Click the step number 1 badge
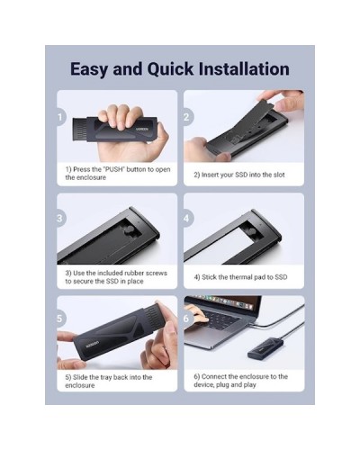coord(60,117)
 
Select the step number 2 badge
coord(187,117)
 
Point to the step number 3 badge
coord(60,218)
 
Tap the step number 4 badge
coord(187,218)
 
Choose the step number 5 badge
coord(60,319)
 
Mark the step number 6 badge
coord(187,319)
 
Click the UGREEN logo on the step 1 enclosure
coord(142,130)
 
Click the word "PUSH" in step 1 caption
coord(113,169)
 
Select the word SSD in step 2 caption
coord(241,175)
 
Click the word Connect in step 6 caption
coord(214,376)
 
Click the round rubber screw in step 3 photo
coord(127,230)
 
